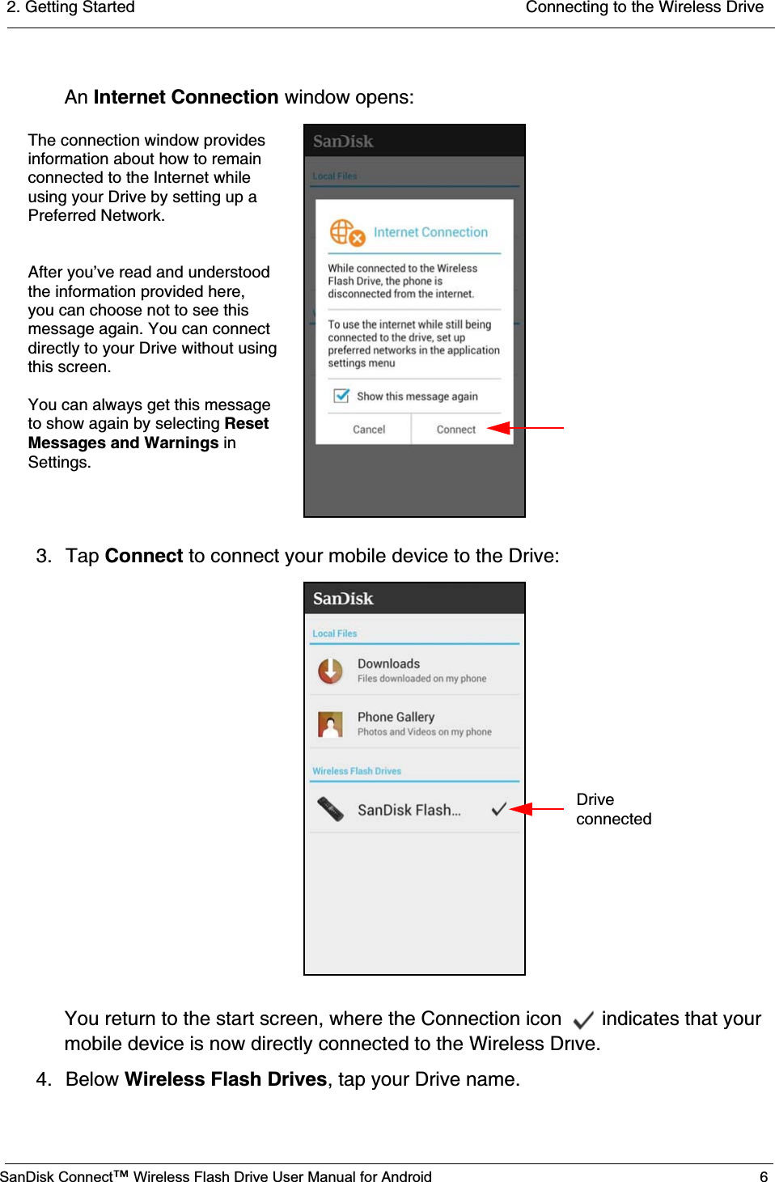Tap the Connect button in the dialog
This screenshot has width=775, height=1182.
(455, 430)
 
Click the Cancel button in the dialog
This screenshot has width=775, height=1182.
(369, 430)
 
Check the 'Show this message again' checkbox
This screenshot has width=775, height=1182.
(342, 396)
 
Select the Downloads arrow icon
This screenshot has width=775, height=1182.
(330, 671)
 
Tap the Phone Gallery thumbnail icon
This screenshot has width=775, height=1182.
(330, 724)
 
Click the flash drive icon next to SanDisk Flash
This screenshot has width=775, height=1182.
(330, 809)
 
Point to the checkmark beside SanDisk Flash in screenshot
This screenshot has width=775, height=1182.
(499, 809)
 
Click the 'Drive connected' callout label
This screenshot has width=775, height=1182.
(613, 809)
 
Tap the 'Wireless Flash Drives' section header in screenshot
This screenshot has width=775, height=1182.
(357, 771)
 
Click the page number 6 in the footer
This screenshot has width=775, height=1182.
(763, 1176)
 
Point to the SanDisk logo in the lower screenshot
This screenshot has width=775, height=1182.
(343, 599)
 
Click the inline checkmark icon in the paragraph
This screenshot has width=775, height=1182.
(582, 1019)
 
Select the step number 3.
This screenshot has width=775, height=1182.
(44, 556)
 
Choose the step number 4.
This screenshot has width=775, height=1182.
(44, 1079)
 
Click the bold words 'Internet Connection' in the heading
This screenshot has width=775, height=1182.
(186, 97)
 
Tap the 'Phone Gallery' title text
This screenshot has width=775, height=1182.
(396, 717)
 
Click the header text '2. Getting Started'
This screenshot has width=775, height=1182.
(71, 7)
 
